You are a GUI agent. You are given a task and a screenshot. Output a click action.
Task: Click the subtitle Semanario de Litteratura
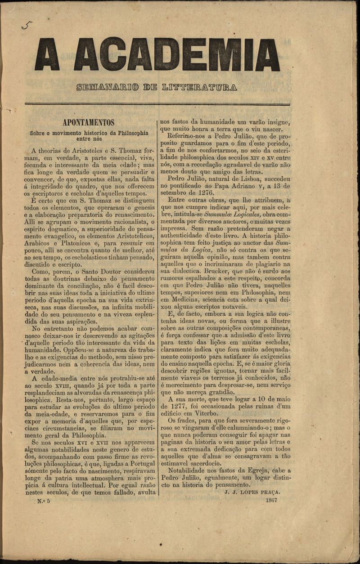point(157,86)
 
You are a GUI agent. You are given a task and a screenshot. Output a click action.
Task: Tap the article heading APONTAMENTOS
point(88,122)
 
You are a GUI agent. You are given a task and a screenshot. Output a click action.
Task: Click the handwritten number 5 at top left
point(27,26)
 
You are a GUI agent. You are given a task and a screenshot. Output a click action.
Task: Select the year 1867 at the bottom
point(271,500)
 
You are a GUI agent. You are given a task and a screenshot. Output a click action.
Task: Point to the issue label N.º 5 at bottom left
point(46,500)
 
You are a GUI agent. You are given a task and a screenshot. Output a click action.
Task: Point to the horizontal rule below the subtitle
point(157,105)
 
